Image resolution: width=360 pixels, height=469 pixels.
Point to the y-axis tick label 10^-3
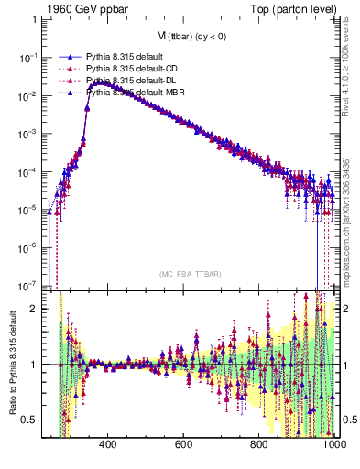click(30, 134)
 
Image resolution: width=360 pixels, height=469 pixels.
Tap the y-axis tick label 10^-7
click(30, 284)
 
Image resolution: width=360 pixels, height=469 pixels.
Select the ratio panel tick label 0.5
click(31, 420)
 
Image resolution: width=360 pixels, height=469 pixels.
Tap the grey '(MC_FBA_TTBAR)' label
click(190, 273)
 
